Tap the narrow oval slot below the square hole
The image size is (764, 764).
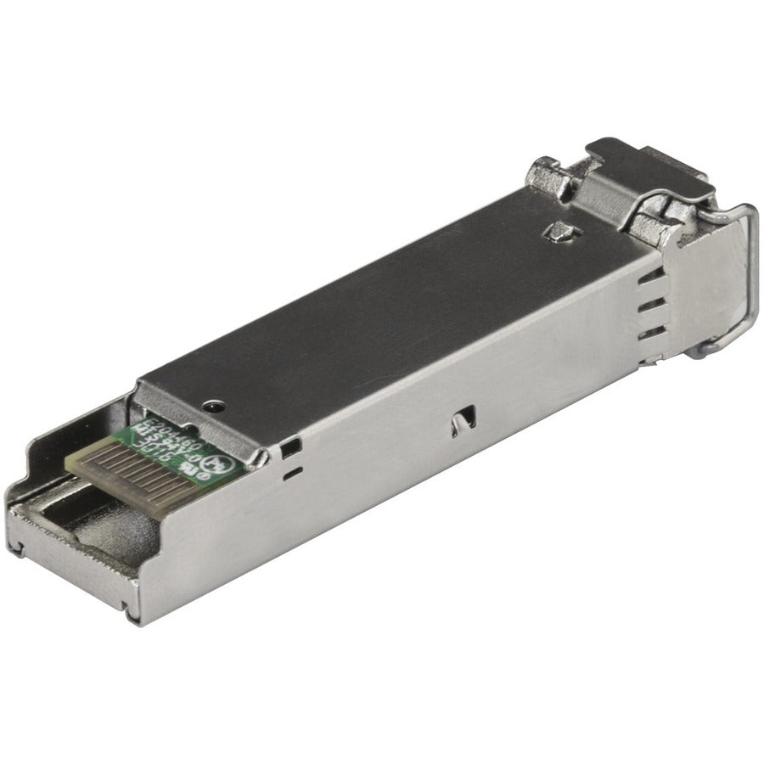click(293, 468)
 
